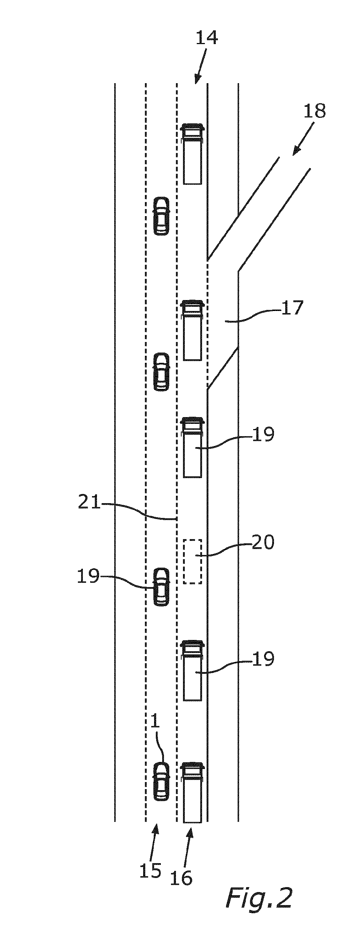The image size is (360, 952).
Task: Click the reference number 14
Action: pos(207,38)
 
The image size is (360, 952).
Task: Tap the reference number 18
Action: pos(315,111)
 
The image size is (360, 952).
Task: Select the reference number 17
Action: pos(292,308)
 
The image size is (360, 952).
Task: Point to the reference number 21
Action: pos(90,502)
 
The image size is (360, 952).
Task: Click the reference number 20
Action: pos(263,542)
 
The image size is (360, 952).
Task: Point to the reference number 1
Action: pos(155,732)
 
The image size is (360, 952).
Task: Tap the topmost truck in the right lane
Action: pos(193,154)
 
